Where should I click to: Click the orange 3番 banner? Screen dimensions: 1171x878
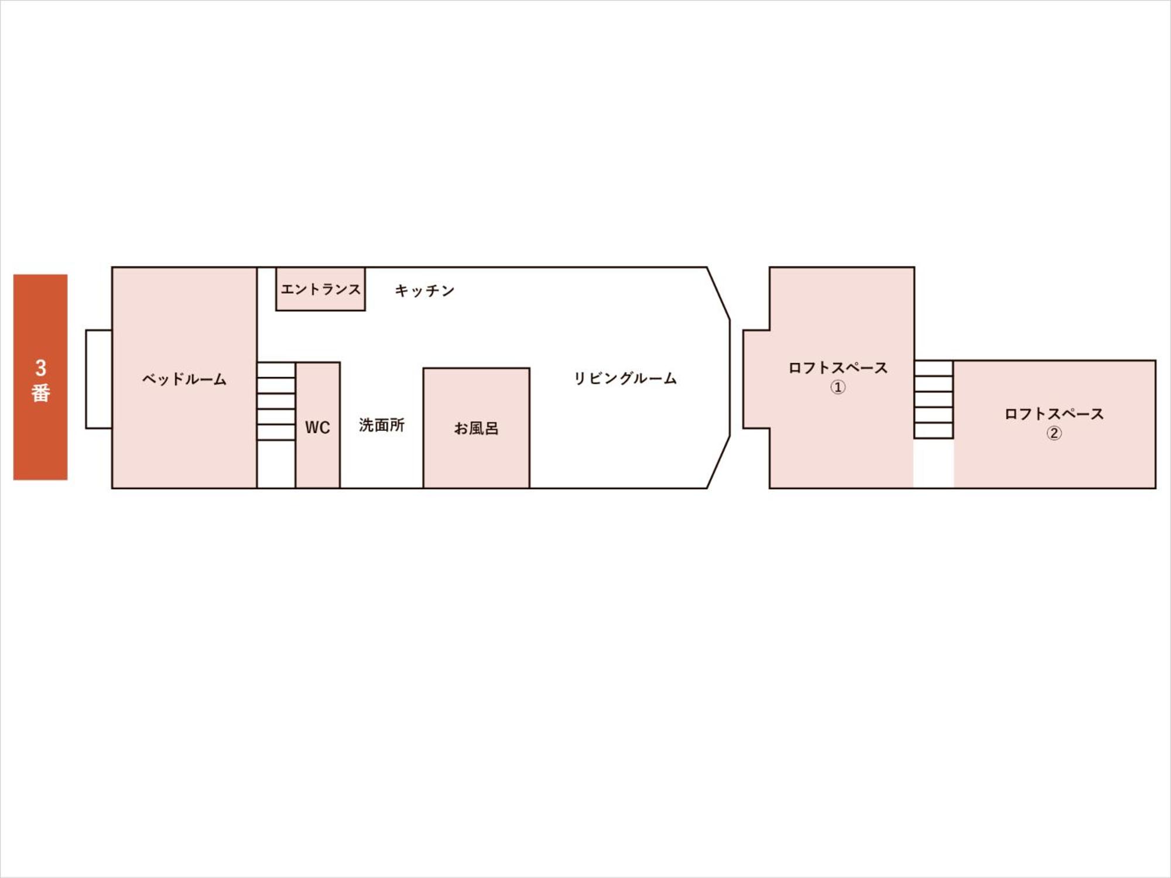[x=40, y=377]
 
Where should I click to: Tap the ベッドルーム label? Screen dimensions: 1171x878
[x=184, y=379]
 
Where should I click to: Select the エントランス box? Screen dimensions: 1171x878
[x=320, y=289]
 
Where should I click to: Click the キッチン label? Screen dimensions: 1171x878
[x=424, y=290]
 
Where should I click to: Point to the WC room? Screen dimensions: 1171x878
[x=318, y=425]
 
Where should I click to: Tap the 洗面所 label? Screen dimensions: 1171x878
[x=382, y=425]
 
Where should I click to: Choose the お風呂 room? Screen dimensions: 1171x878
[x=477, y=428]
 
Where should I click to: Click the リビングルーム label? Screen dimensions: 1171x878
[x=625, y=378]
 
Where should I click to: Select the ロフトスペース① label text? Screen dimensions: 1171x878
[x=838, y=377]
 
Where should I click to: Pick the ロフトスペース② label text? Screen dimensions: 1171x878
[x=1054, y=423]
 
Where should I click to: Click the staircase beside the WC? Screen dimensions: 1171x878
[x=276, y=401]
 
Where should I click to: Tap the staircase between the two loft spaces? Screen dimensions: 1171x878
[x=934, y=399]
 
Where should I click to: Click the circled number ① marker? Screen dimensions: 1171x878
[x=838, y=387]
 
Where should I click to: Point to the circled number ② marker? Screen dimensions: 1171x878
[x=1054, y=433]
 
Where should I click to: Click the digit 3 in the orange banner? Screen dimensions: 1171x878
[x=40, y=368]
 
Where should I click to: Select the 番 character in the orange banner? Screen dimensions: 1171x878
[x=40, y=393]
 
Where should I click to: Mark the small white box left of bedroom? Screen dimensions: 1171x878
[x=99, y=379]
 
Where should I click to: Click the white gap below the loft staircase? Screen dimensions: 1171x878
[x=934, y=463]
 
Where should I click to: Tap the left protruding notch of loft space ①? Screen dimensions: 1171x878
[x=756, y=379]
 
